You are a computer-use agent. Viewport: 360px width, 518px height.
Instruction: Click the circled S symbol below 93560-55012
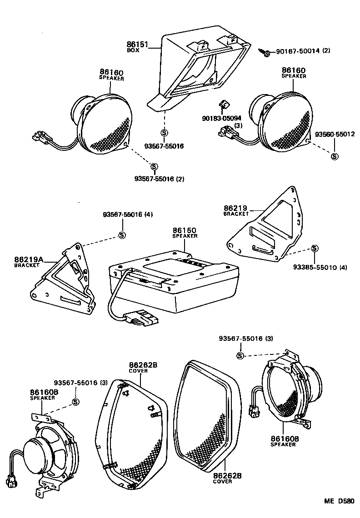[335, 156]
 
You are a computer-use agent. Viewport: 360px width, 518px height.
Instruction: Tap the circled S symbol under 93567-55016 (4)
[121, 235]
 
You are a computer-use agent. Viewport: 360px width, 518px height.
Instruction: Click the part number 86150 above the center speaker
[185, 231]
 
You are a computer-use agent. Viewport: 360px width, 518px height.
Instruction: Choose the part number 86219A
[28, 259]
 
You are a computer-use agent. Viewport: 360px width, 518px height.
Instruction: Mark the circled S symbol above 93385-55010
[314, 248]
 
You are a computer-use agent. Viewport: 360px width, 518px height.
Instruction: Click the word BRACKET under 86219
[236, 214]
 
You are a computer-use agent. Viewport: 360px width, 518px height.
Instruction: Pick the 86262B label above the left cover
[143, 365]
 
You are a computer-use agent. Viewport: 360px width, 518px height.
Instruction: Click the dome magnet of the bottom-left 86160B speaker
[35, 452]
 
